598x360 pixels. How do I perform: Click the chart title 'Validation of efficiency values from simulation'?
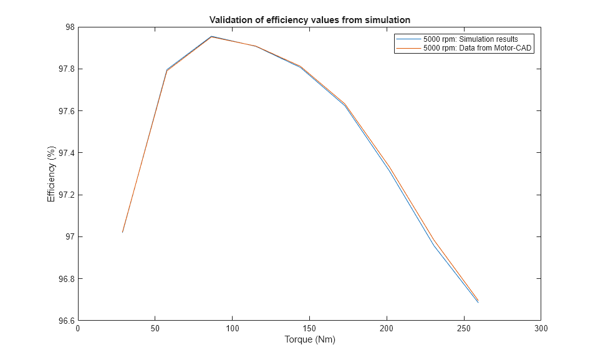coord(309,20)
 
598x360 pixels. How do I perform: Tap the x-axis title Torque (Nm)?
coord(309,340)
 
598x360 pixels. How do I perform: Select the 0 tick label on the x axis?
coord(78,328)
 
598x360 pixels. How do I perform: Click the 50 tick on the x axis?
coord(155,328)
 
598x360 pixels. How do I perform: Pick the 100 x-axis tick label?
coord(232,328)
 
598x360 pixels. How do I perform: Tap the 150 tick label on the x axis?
coord(309,328)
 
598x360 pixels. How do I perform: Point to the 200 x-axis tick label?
coord(387,328)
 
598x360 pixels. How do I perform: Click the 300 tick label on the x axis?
coord(541,328)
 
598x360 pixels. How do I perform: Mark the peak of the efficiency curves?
coord(211,36)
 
